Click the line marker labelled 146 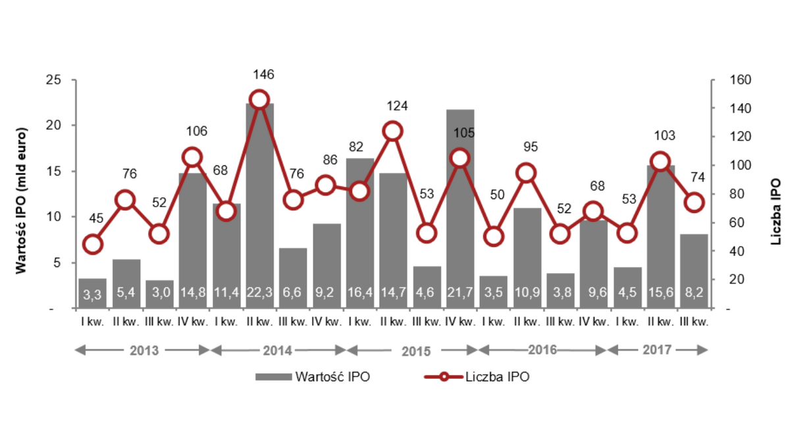[259, 100]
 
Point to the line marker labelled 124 [393, 131]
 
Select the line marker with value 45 [93, 245]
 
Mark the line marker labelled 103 [660, 162]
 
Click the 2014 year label [277, 350]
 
